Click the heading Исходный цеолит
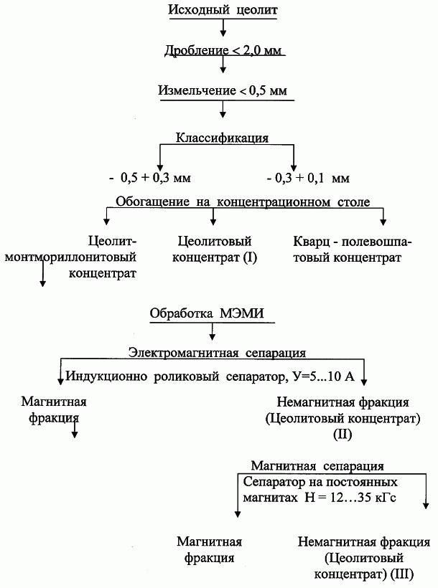pyautogui.click(x=223, y=9)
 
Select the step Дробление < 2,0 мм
pyautogui.click(x=223, y=50)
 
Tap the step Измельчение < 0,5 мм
pyautogui.click(x=223, y=90)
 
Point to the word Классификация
pyautogui.click(x=223, y=138)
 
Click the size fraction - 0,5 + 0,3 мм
pyautogui.click(x=150, y=178)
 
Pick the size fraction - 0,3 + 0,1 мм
pyautogui.click(x=309, y=178)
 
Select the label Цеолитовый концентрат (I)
pyautogui.click(x=215, y=249)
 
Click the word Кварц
pyautogui.click(x=309, y=242)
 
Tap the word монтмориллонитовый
pyautogui.click(x=70, y=257)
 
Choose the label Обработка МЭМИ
pyautogui.click(x=207, y=313)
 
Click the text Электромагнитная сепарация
pyautogui.click(x=217, y=353)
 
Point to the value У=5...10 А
pyautogui.click(x=323, y=376)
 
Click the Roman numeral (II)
pyautogui.click(x=343, y=435)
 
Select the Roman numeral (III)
pyautogui.click(x=401, y=574)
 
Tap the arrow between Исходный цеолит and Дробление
pyautogui.click(x=223, y=27)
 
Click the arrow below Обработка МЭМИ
pyautogui.click(x=213, y=331)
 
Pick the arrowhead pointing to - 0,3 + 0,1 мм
pyautogui.click(x=294, y=167)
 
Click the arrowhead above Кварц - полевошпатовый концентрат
pyautogui.click(x=383, y=222)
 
